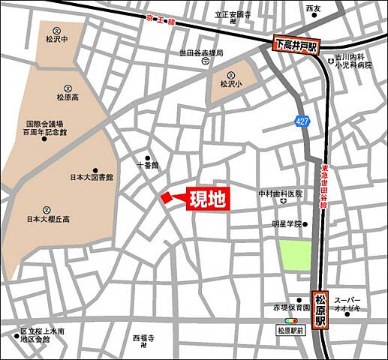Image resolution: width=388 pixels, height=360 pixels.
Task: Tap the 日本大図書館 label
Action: pyautogui.click(x=92, y=178)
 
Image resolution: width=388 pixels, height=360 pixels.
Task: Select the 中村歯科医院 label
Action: pyautogui.click(x=280, y=194)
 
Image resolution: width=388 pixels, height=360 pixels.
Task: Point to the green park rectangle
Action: pyautogui.click(x=295, y=255)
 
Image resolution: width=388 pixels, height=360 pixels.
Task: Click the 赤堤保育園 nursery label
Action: pyautogui.click(x=291, y=307)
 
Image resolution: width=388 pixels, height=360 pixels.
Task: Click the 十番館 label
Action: pyautogui.click(x=148, y=164)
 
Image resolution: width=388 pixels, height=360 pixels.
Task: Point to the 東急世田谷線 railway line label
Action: pyautogui.click(x=324, y=187)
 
